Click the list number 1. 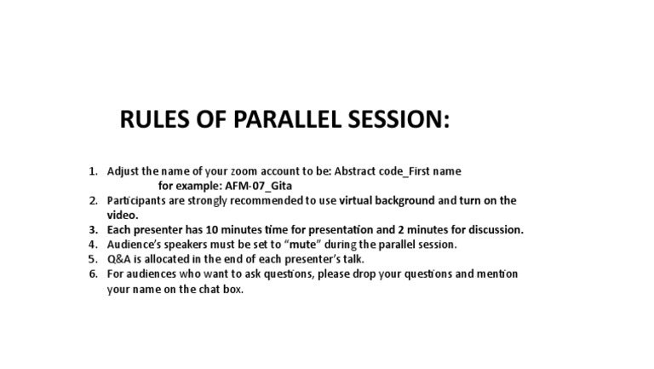93,171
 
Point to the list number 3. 93,230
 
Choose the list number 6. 93,274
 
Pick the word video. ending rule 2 123,216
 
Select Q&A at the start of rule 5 118,259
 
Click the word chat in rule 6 205,289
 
